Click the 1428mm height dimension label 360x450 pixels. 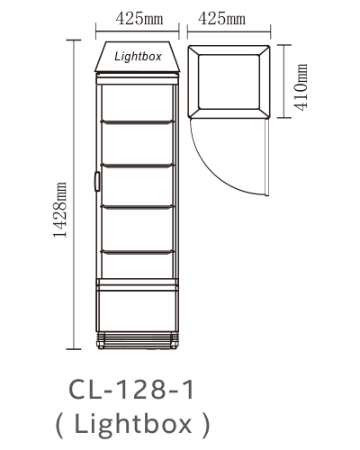pyautogui.click(x=59, y=210)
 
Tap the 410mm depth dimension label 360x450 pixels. pyautogui.click(x=301, y=87)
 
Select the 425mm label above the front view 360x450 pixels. pyautogui.click(x=139, y=19)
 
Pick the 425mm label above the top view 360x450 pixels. pyautogui.click(x=221, y=19)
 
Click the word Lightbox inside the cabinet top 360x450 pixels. pyautogui.click(x=138, y=57)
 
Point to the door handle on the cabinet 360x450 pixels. pyautogui.click(x=97, y=181)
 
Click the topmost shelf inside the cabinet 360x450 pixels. pyautogui.click(x=137, y=122)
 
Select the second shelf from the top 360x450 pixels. pyautogui.click(x=137, y=166)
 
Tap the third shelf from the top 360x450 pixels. pyautogui.click(x=137, y=207)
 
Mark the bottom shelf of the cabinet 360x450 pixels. pyautogui.click(x=137, y=252)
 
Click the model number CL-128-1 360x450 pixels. pyautogui.click(x=131, y=390)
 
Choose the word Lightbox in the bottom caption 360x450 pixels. pyautogui.click(x=133, y=423)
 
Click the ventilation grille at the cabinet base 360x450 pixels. pyautogui.click(x=138, y=340)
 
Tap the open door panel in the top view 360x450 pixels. pyautogui.click(x=266, y=157)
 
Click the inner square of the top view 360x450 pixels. pyautogui.click(x=229, y=82)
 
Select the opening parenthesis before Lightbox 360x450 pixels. pyautogui.click(x=59, y=425)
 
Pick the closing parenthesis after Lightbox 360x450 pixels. pyautogui.click(x=206, y=425)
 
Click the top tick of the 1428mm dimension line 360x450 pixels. pyautogui.click(x=74, y=40)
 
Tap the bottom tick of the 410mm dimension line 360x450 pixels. pyautogui.click(x=284, y=118)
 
